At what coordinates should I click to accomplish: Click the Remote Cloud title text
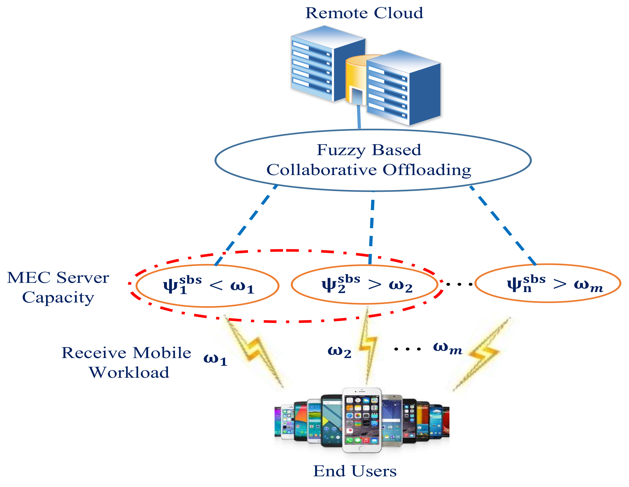[364, 13]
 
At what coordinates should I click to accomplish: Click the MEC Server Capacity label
[58, 287]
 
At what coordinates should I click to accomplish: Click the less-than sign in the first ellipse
[216, 285]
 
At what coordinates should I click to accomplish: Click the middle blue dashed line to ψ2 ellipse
[371, 228]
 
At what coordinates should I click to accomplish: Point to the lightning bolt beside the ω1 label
[254, 352]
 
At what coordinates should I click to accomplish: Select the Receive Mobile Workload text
[127, 362]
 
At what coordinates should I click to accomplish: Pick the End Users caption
[355, 471]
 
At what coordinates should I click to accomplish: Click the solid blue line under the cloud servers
[359, 117]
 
